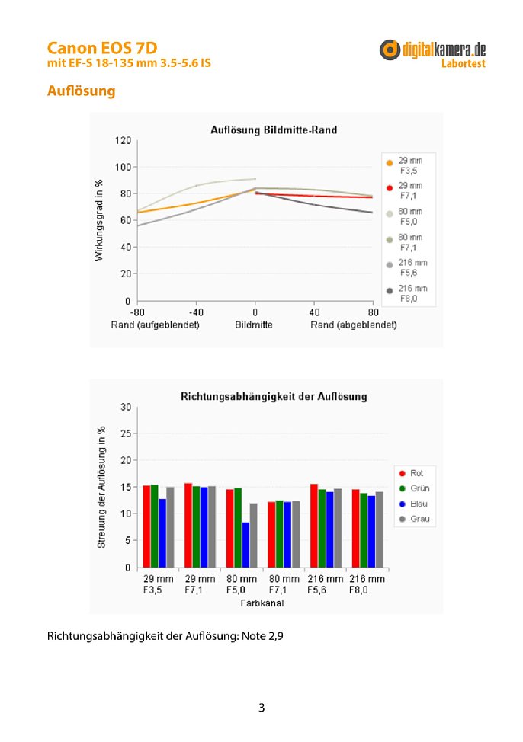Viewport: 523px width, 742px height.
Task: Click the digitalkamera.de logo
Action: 432,54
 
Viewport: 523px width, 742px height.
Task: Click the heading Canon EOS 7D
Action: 102,48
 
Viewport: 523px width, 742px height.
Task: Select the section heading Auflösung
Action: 81,91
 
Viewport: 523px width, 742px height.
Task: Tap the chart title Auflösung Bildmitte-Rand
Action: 274,130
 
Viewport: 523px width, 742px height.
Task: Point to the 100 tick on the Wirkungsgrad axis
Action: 123,167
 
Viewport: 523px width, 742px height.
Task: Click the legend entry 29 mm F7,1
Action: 406,190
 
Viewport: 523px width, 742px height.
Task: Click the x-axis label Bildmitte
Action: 253,325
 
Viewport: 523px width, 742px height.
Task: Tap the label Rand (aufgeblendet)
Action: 155,325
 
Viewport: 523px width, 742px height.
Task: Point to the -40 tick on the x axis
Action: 196,312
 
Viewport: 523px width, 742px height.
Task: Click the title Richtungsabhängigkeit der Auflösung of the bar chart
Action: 274,397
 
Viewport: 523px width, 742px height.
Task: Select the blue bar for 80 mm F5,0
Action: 245,545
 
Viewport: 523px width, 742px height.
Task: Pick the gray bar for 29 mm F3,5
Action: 170,527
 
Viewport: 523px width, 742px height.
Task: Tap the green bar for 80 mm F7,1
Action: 280,534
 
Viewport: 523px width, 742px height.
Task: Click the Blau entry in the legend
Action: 413,504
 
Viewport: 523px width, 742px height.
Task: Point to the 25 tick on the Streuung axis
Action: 126,433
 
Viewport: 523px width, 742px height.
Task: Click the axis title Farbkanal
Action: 262,603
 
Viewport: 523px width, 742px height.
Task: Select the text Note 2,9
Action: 262,636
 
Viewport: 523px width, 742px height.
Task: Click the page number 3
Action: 261,708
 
